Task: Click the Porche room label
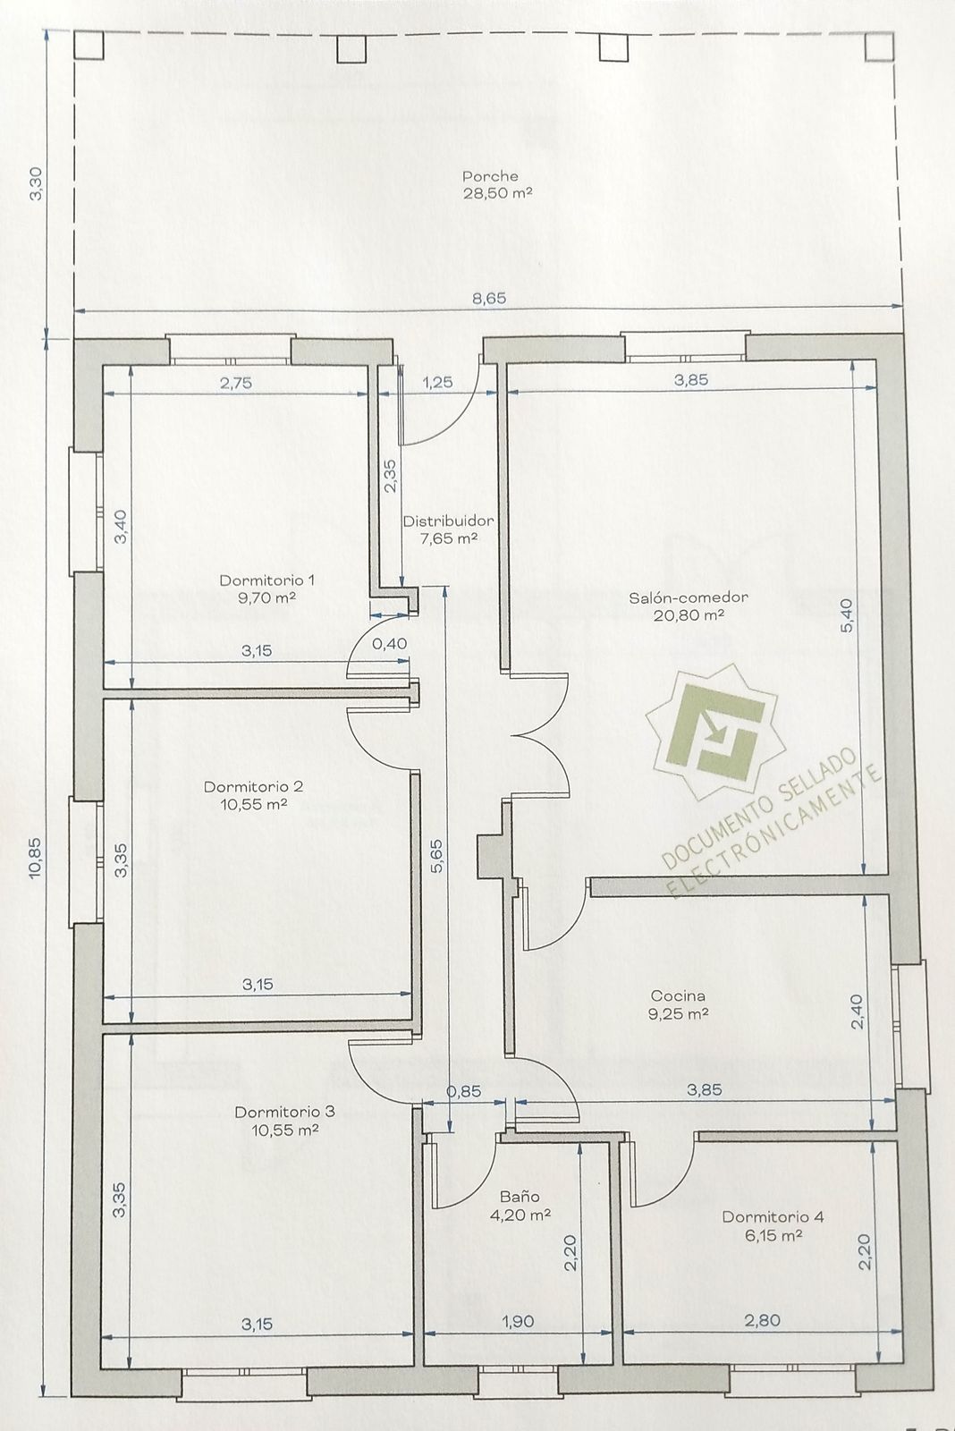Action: [491, 176]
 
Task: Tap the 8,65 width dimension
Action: [489, 299]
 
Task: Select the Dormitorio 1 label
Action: [267, 580]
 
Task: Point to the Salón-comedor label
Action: [689, 598]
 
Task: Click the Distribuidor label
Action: [448, 521]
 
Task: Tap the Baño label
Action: [520, 1196]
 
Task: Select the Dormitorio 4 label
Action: [773, 1216]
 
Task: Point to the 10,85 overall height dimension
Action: [35, 858]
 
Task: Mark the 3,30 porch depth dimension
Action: [36, 183]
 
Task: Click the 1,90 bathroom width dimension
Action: [519, 1320]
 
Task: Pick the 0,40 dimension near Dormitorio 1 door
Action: [390, 643]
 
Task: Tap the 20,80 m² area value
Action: [689, 614]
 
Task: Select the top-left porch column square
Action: [89, 46]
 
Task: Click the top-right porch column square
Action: [879, 47]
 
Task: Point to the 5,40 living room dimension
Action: [847, 618]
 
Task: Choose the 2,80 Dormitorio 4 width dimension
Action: [762, 1319]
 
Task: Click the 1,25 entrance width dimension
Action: [437, 382]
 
